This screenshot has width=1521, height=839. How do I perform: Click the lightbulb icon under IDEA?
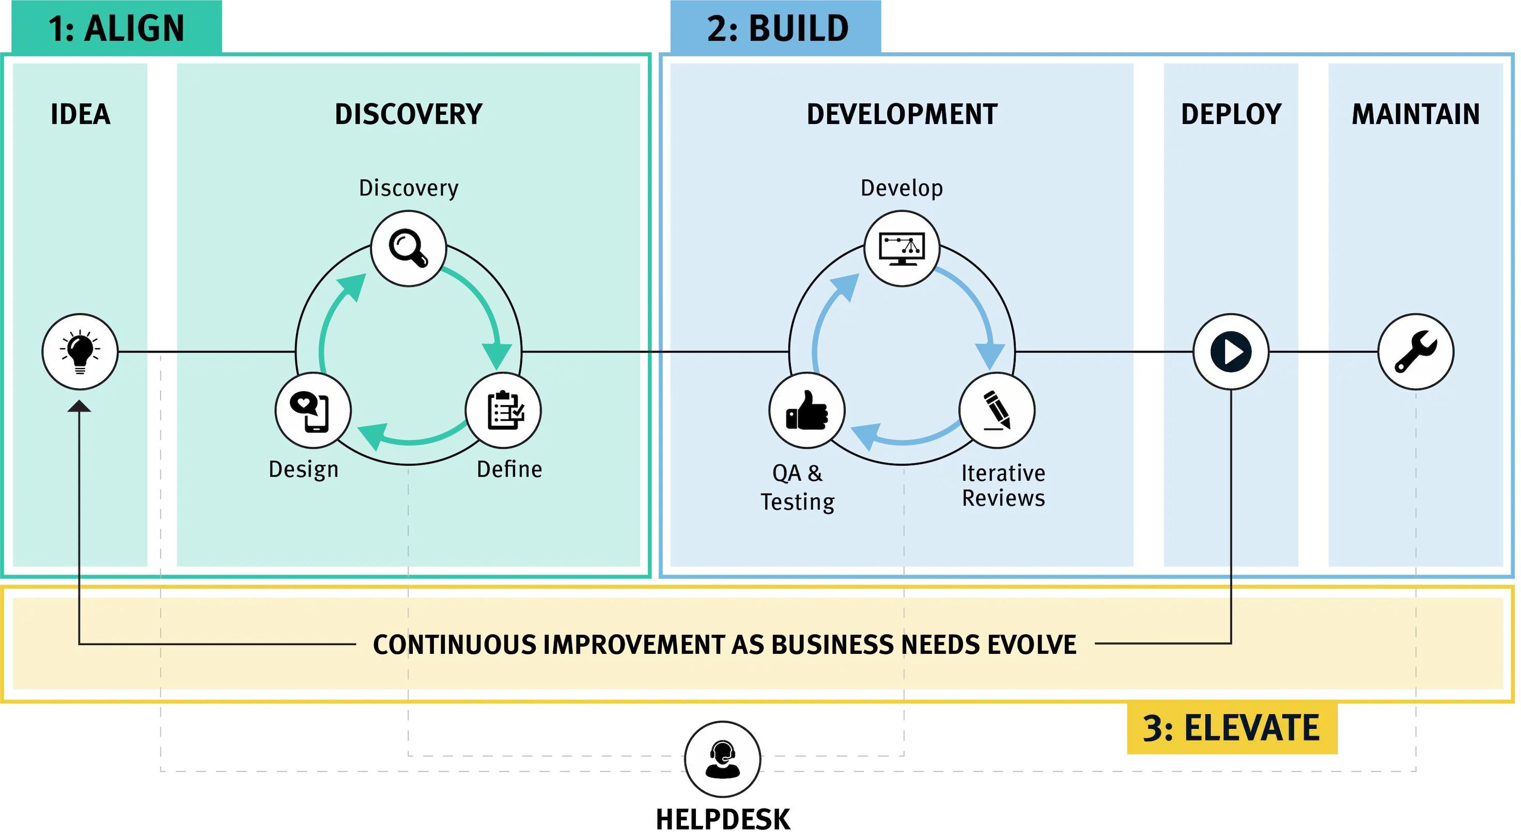point(80,352)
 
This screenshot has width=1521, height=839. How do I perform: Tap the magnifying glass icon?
point(409,248)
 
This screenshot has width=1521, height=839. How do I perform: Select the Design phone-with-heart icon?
point(313,410)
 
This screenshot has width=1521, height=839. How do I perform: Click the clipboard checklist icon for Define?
point(503,410)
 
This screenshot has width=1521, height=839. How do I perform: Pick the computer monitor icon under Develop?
point(902,248)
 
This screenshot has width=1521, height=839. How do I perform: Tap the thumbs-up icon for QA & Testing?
point(806,410)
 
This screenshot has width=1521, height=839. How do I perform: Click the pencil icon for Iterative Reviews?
point(997,410)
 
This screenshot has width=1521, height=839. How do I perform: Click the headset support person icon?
point(722,759)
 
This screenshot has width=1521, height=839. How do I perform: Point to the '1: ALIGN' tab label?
point(116,28)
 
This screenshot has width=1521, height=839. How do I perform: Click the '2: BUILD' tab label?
point(778,28)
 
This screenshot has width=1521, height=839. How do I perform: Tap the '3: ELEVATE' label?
point(1231,728)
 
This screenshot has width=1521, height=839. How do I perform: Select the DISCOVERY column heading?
point(409,114)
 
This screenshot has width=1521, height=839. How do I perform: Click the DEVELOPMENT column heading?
point(902,114)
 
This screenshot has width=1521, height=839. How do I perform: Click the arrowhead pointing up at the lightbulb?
point(79,406)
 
